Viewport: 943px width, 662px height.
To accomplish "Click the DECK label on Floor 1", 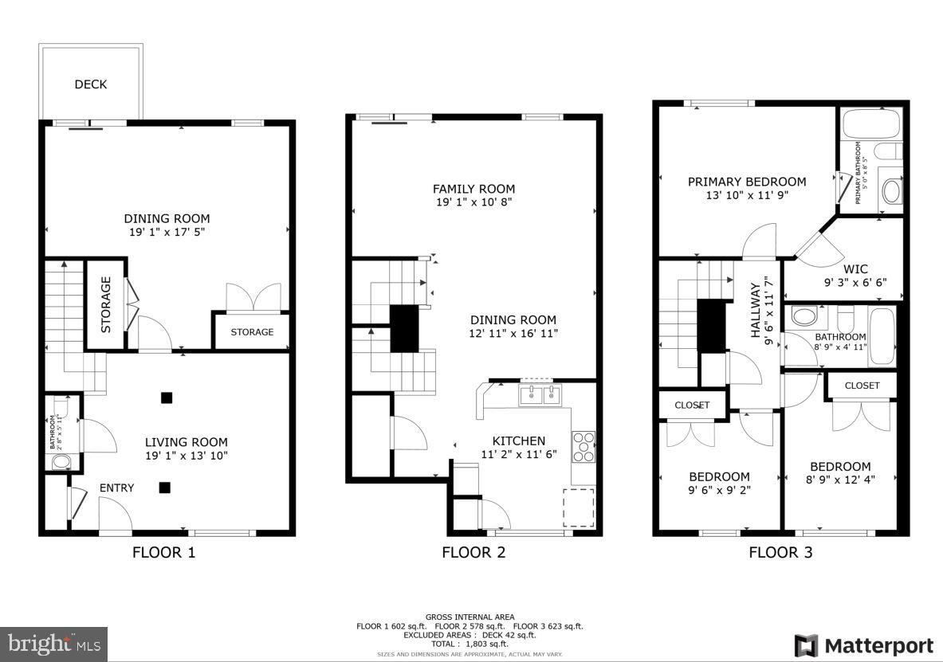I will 91,84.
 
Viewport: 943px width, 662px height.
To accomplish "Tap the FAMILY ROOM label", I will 473,189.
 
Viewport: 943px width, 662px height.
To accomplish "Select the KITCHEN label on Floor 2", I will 518,441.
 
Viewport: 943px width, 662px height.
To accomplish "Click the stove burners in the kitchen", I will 583,446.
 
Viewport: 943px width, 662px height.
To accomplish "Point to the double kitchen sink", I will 540,394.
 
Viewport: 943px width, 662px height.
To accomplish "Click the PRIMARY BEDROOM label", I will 747,182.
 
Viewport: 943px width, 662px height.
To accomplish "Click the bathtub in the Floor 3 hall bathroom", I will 882,336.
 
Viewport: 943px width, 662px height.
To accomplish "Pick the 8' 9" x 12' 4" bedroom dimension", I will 840,480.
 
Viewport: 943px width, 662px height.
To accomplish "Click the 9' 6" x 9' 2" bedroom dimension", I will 719,490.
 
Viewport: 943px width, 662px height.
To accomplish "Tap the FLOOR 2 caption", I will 473,552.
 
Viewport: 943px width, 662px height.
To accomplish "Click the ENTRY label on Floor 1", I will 116,488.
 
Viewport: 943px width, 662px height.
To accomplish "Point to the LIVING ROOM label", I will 186,442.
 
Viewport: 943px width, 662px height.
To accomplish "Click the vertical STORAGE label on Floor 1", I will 105,304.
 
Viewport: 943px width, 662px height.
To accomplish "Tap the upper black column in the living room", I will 165,398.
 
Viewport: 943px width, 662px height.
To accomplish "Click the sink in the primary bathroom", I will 891,191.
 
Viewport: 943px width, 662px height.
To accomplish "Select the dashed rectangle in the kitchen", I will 579,507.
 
